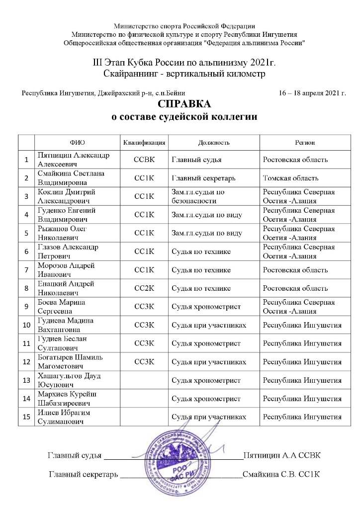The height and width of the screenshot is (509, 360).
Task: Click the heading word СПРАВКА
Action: [x=184, y=105]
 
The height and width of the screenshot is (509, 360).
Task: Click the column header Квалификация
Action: [x=144, y=143]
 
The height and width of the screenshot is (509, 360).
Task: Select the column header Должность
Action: [x=214, y=143]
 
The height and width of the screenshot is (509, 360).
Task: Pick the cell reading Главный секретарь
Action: [x=203, y=178]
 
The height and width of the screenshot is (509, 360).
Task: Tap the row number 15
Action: [x=26, y=417]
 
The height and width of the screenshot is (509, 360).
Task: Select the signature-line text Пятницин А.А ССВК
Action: [x=282, y=455]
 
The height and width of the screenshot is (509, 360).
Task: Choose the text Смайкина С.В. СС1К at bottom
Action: [x=281, y=474]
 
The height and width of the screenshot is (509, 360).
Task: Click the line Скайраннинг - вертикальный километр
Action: [x=184, y=74]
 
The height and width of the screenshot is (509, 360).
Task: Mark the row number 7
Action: [x=26, y=270]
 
